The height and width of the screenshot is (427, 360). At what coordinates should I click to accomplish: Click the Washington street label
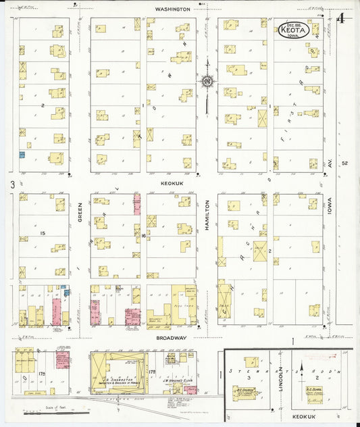tap(172, 9)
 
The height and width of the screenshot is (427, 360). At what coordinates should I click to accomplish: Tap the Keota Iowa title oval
tap(293, 30)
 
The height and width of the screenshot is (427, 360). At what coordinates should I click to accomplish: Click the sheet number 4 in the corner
tap(342, 18)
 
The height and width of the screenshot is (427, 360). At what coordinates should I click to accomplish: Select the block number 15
tap(41, 233)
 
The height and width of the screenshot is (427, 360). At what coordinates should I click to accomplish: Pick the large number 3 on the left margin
tap(11, 184)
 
